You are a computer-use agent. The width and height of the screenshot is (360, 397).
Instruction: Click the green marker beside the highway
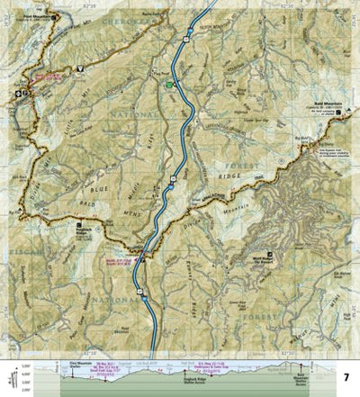(x=169, y=86)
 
